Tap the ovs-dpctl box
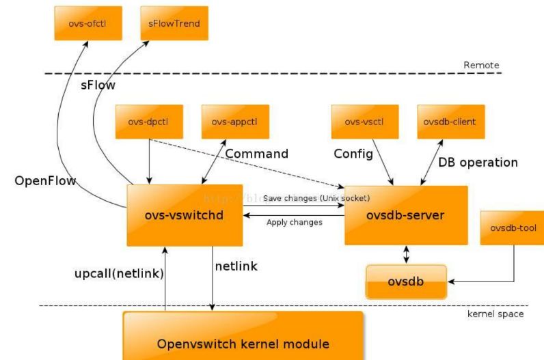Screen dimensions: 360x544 [x=149, y=122]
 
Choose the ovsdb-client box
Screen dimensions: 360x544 [x=450, y=122]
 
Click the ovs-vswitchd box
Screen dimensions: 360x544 [x=185, y=214]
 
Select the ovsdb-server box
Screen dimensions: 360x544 [x=405, y=215]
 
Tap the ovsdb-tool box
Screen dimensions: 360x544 [x=512, y=227]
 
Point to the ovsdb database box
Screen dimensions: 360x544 [x=406, y=281]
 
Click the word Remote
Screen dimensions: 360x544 [x=481, y=65]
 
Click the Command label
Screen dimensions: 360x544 [x=257, y=154]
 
